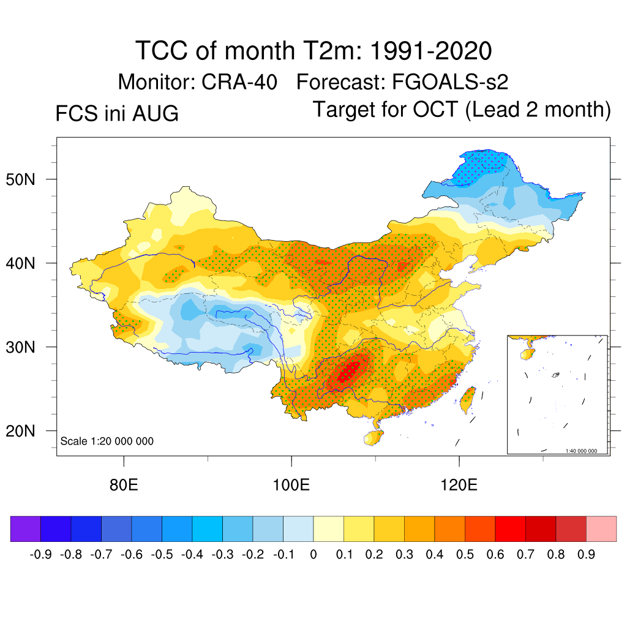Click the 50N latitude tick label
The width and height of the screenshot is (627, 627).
(x=20, y=179)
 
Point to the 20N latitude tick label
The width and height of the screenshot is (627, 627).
(x=20, y=431)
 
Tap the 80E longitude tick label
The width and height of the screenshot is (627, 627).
(x=124, y=485)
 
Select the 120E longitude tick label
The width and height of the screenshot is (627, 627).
(x=459, y=485)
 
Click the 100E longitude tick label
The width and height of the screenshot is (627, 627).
(x=291, y=485)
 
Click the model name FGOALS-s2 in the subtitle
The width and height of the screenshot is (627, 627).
(x=450, y=82)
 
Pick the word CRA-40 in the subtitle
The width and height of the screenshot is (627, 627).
(x=239, y=82)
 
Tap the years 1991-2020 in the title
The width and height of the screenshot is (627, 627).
(x=430, y=51)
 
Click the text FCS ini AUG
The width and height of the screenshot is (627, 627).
(x=117, y=113)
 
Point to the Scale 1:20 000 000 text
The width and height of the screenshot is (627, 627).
(x=107, y=441)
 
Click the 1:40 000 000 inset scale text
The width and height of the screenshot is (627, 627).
(x=581, y=451)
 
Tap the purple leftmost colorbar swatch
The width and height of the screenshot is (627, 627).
(x=26, y=528)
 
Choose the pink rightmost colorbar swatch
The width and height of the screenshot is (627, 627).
(x=601, y=528)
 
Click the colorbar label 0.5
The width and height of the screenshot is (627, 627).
(x=465, y=555)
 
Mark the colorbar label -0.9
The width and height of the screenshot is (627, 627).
(x=41, y=555)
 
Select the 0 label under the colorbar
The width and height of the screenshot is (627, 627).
(x=313, y=555)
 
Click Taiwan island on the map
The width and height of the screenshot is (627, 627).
(x=468, y=400)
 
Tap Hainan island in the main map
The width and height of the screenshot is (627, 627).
(x=373, y=438)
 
